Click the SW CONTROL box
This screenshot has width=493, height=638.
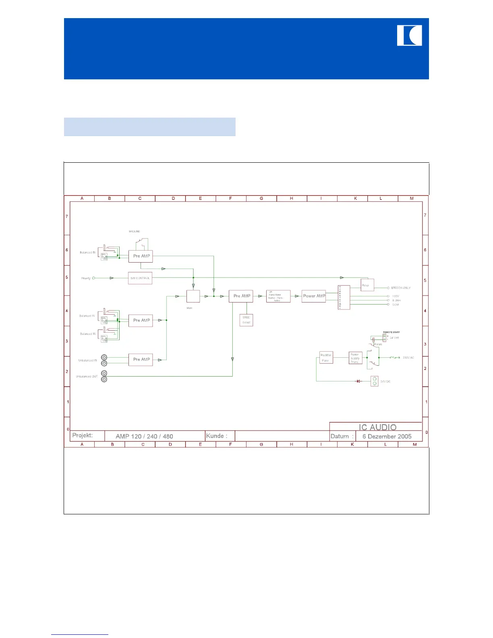coord(140,278)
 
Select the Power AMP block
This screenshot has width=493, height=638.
coord(314,296)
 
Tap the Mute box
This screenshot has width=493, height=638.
coord(193,296)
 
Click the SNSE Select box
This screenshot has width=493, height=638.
coord(246,320)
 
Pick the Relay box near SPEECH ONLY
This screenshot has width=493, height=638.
coord(367,285)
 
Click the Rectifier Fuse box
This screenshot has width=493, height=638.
coord(326,358)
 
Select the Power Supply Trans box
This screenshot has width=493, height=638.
coord(355,358)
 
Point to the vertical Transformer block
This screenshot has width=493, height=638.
coord(344,297)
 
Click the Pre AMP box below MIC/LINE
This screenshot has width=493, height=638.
coord(141,256)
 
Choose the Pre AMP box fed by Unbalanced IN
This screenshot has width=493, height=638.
coord(141,359)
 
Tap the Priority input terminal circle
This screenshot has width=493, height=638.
coord(94,278)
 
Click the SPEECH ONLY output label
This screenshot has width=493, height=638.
coord(400,288)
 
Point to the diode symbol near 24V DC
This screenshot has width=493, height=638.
coord(358,381)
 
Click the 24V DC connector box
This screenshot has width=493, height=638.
coord(375,381)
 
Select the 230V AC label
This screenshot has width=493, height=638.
coord(408,358)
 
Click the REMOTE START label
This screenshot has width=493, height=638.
coord(391,332)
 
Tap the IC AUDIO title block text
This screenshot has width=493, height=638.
coord(377,427)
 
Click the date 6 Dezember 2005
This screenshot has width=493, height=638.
coord(387,436)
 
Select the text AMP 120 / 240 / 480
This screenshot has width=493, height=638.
coord(144,436)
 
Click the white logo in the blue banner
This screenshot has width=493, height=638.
coord(409,35)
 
